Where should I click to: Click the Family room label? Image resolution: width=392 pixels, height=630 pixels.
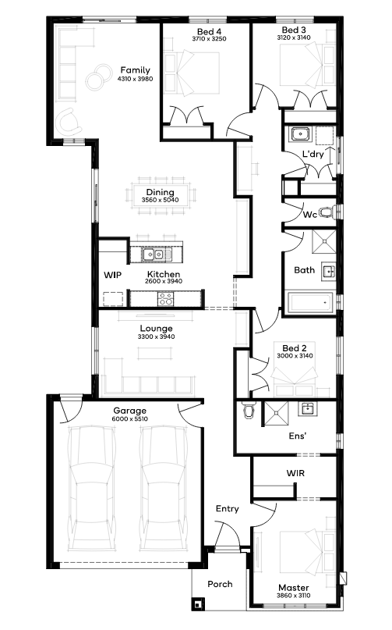tap(136, 70)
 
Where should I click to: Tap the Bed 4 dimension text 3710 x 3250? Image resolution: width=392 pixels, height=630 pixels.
tap(209, 39)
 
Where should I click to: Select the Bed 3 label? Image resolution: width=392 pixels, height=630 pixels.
tap(294, 30)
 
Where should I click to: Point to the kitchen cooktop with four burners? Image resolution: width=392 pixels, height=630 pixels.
tap(166, 299)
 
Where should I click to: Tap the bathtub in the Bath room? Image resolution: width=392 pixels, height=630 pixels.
tap(309, 303)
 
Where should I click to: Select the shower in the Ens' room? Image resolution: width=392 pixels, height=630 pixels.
tap(276, 413)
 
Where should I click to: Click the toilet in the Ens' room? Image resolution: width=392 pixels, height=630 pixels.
tap(249, 410)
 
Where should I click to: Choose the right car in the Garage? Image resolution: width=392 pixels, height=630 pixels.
tap(164, 487)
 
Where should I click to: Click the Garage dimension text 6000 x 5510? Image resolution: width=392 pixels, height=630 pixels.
tap(130, 418)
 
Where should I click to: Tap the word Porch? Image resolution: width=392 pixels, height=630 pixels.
tap(220, 584)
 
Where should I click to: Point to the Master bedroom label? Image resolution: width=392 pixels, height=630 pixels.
tap(294, 587)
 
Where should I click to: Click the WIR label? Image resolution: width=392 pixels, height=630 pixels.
tap(295, 473)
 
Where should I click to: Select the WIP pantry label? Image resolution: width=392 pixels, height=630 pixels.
tap(112, 275)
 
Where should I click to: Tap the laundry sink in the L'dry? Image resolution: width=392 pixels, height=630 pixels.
tap(300, 133)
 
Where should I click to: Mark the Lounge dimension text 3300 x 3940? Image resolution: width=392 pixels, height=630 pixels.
tap(156, 336)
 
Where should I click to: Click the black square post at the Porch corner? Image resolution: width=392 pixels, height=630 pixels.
tap(197, 604)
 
